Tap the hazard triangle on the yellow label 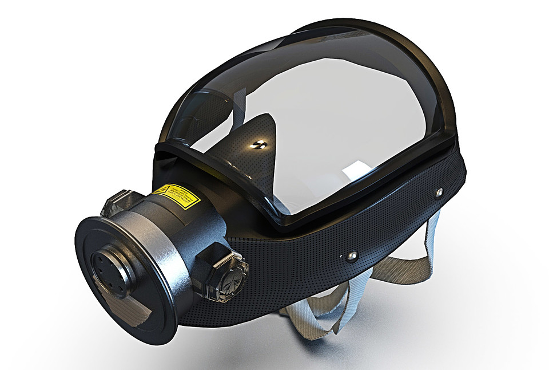[162, 190]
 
